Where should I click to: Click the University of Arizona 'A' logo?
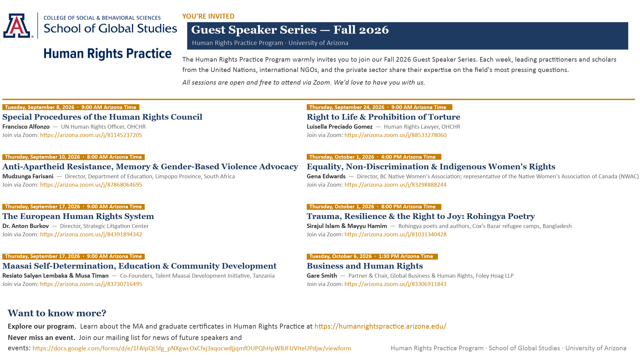pyautogui.click(x=17, y=26)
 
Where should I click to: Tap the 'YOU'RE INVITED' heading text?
pyautogui.click(x=208, y=16)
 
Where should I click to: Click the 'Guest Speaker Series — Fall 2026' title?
pyautogui.click(x=290, y=30)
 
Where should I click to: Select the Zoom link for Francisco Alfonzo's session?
pyautogui.click(x=91, y=135)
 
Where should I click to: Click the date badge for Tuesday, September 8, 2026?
pyautogui.click(x=71, y=107)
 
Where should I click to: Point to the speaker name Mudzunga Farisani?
pyautogui.click(x=28, y=176)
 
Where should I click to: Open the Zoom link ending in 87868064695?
pyautogui.click(x=91, y=185)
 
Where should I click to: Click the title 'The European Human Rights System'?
pyautogui.click(x=78, y=216)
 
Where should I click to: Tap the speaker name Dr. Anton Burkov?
pyautogui.click(x=25, y=226)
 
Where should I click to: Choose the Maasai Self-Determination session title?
pyautogui.click(x=139, y=266)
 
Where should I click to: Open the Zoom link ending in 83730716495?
pyautogui.click(x=91, y=284)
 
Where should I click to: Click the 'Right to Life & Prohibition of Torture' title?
pyautogui.click(x=383, y=117)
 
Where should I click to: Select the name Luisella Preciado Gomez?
pyautogui.click(x=339, y=127)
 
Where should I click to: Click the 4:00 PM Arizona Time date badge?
pyautogui.click(x=374, y=157)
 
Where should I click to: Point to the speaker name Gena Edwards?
pyautogui.click(x=326, y=176)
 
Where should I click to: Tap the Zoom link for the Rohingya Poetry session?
pyautogui.click(x=395, y=234)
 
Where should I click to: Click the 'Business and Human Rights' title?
pyautogui.click(x=365, y=266)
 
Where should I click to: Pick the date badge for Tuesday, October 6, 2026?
pyautogui.click(x=372, y=256)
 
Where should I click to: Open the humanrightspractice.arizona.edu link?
pyautogui.click(x=380, y=326)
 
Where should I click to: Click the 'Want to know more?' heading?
pyautogui.click(x=57, y=313)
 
